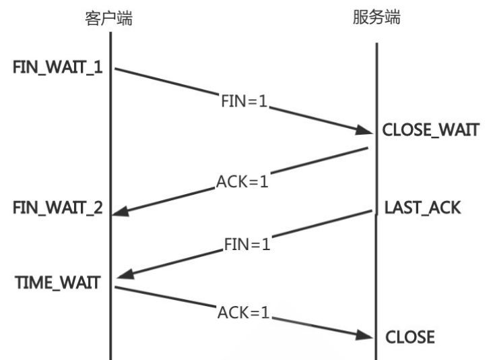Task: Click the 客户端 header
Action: pyautogui.click(x=109, y=18)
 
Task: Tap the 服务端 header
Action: pyautogui.click(x=376, y=17)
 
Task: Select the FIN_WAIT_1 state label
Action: pyautogui.click(x=57, y=67)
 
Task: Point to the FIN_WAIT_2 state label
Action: pyautogui.click(x=57, y=208)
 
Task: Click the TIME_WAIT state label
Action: pyautogui.click(x=57, y=282)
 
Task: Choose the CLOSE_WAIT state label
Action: pyautogui.click(x=430, y=129)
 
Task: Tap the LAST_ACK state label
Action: pyautogui.click(x=422, y=208)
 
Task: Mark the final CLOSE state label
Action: pyautogui.click(x=410, y=337)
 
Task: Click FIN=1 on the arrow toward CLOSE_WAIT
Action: pyautogui.click(x=244, y=101)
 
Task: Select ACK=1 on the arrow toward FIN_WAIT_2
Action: pyautogui.click(x=242, y=181)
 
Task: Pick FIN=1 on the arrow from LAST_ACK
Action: pyautogui.click(x=247, y=244)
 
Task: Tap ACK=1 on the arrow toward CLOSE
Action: pyautogui.click(x=244, y=313)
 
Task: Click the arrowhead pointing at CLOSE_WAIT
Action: pyautogui.click(x=364, y=129)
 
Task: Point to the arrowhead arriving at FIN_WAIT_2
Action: pyautogui.click(x=121, y=212)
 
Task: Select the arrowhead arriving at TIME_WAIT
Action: pyautogui.click(x=126, y=274)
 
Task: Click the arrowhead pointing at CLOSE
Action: pyautogui.click(x=364, y=335)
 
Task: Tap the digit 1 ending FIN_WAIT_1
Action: pyautogui.click(x=98, y=67)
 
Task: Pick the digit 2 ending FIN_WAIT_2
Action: pyautogui.click(x=98, y=208)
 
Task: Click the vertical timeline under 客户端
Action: pyautogui.click(x=110, y=196)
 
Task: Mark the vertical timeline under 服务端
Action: pyautogui.click(x=376, y=202)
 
